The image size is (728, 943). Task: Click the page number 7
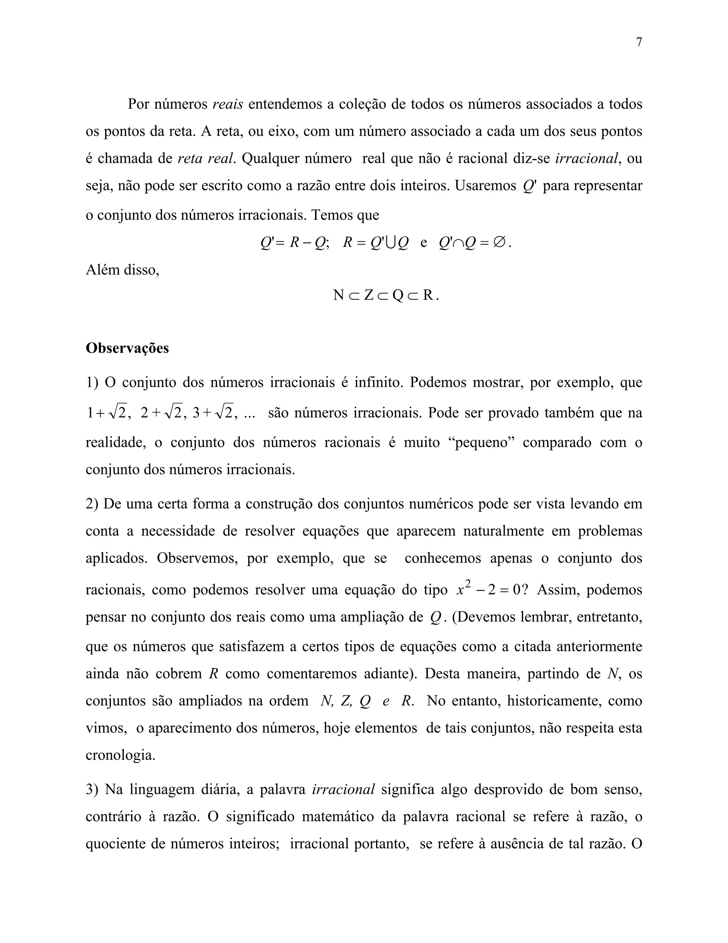coord(639,42)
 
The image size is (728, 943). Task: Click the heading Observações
coord(127,348)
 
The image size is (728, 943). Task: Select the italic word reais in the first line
coord(228,104)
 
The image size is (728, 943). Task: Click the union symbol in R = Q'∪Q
coord(391,243)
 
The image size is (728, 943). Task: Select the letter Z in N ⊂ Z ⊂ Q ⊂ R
coord(368,295)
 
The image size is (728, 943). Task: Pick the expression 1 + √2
coord(106,413)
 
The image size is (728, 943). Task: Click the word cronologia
coord(121,755)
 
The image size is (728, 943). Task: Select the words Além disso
coord(123,270)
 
